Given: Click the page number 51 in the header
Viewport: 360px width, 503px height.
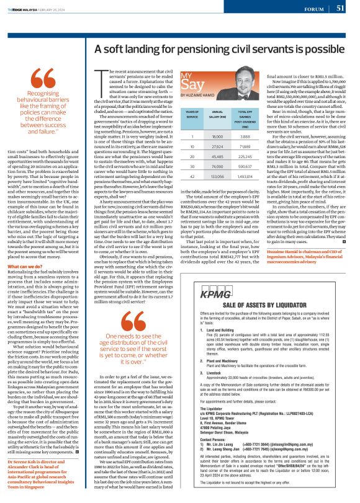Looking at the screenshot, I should coord(340,8).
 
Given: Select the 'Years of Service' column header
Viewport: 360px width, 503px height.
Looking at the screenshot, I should coord(174,115).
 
